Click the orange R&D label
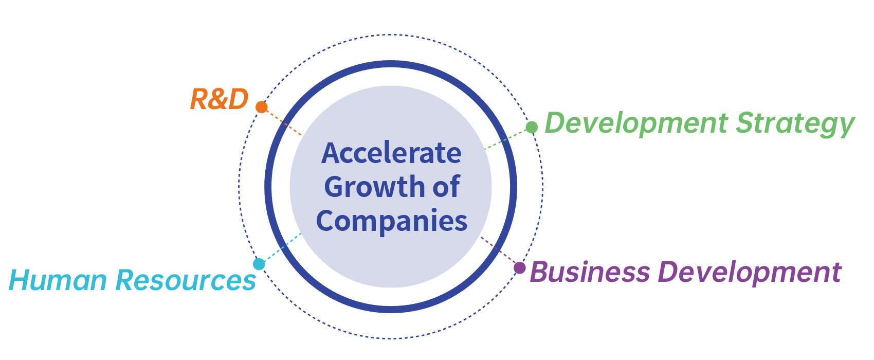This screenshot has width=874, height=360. [x=220, y=99]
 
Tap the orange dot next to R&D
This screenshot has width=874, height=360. [x=261, y=107]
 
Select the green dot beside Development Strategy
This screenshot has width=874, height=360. [x=532, y=127]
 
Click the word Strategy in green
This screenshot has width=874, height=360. [x=795, y=124]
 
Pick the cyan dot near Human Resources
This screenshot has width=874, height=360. [x=259, y=264]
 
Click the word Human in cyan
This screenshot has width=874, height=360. [x=58, y=280]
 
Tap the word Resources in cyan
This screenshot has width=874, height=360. [x=186, y=280]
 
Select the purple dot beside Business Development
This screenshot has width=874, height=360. [x=519, y=268]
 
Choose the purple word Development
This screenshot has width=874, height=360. [x=750, y=274]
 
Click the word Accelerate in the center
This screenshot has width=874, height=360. [x=391, y=153]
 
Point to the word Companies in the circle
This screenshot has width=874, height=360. [x=392, y=221]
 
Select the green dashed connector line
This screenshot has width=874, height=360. [x=506, y=139]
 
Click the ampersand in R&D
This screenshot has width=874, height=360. [x=219, y=99]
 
